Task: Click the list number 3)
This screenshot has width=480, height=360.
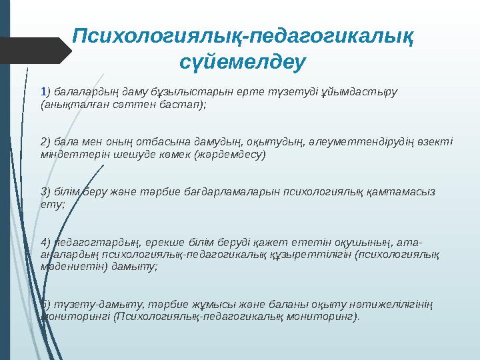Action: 45,191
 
